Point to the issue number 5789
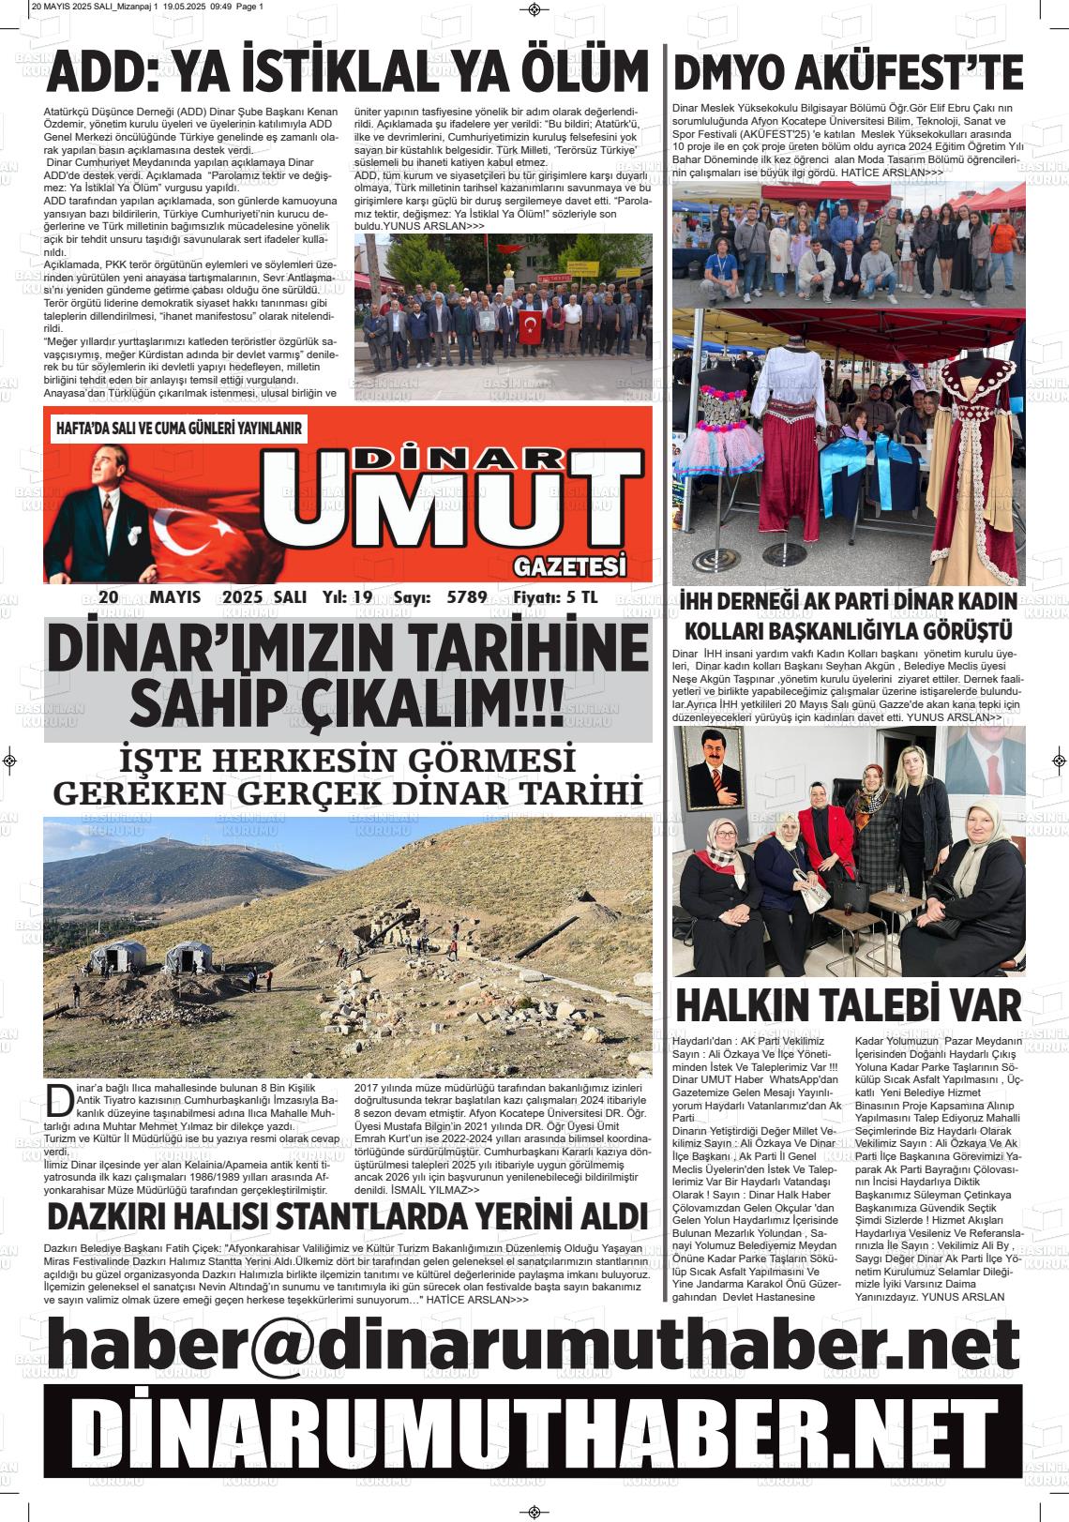pyautogui.click(x=467, y=597)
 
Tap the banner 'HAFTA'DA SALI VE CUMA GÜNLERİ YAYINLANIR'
pyautogui.click(x=179, y=428)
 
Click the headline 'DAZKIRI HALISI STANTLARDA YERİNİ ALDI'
pyautogui.click(x=347, y=1216)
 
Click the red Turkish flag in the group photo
pyautogui.click(x=532, y=326)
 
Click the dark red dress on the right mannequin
pyautogui.click(x=976, y=469)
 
